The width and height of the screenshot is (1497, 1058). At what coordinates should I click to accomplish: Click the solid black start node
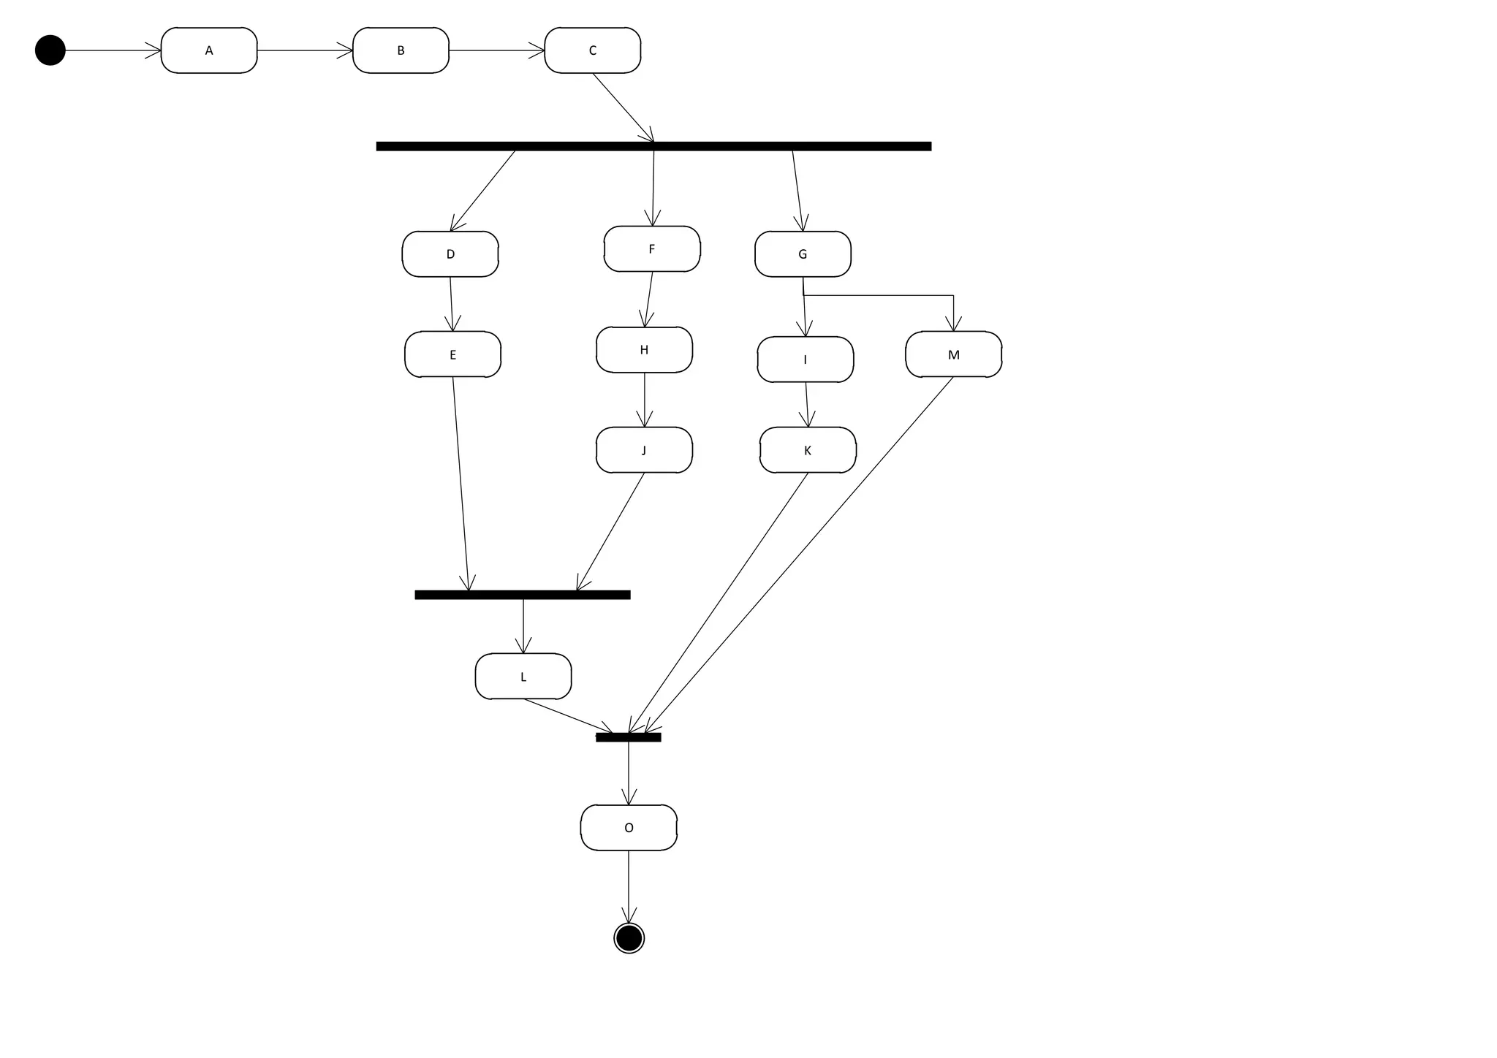pyautogui.click(x=50, y=50)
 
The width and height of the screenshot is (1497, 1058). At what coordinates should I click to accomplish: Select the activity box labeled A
pyautogui.click(x=209, y=50)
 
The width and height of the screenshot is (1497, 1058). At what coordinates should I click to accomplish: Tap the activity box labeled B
pyautogui.click(x=401, y=50)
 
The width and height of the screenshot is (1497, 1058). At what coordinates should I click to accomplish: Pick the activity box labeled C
pyautogui.click(x=593, y=50)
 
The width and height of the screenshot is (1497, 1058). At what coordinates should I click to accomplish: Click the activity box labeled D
pyautogui.click(x=450, y=254)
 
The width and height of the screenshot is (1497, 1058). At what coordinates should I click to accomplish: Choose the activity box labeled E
pyautogui.click(x=452, y=354)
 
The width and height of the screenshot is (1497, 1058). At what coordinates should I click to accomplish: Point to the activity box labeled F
pyautogui.click(x=652, y=249)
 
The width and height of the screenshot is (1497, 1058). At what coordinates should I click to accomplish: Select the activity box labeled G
pyautogui.click(x=803, y=254)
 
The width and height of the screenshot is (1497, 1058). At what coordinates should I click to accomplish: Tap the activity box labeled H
pyautogui.click(x=644, y=350)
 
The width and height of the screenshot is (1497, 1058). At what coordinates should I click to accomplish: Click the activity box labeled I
pyautogui.click(x=806, y=359)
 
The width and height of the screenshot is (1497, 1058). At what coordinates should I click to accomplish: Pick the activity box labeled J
pyautogui.click(x=644, y=450)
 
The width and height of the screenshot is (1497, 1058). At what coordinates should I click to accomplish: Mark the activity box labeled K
pyautogui.click(x=808, y=450)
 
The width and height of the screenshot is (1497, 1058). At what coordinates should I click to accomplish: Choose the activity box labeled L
pyautogui.click(x=523, y=677)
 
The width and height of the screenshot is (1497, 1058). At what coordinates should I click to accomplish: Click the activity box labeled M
pyautogui.click(x=953, y=354)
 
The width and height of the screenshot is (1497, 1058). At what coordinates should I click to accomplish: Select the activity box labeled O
pyautogui.click(x=629, y=828)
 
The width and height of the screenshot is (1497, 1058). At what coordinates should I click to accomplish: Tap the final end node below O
pyautogui.click(x=629, y=937)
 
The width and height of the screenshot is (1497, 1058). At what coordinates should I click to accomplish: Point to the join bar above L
pyautogui.click(x=523, y=595)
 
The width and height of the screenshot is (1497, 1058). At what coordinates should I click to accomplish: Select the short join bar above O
pyautogui.click(x=629, y=737)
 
